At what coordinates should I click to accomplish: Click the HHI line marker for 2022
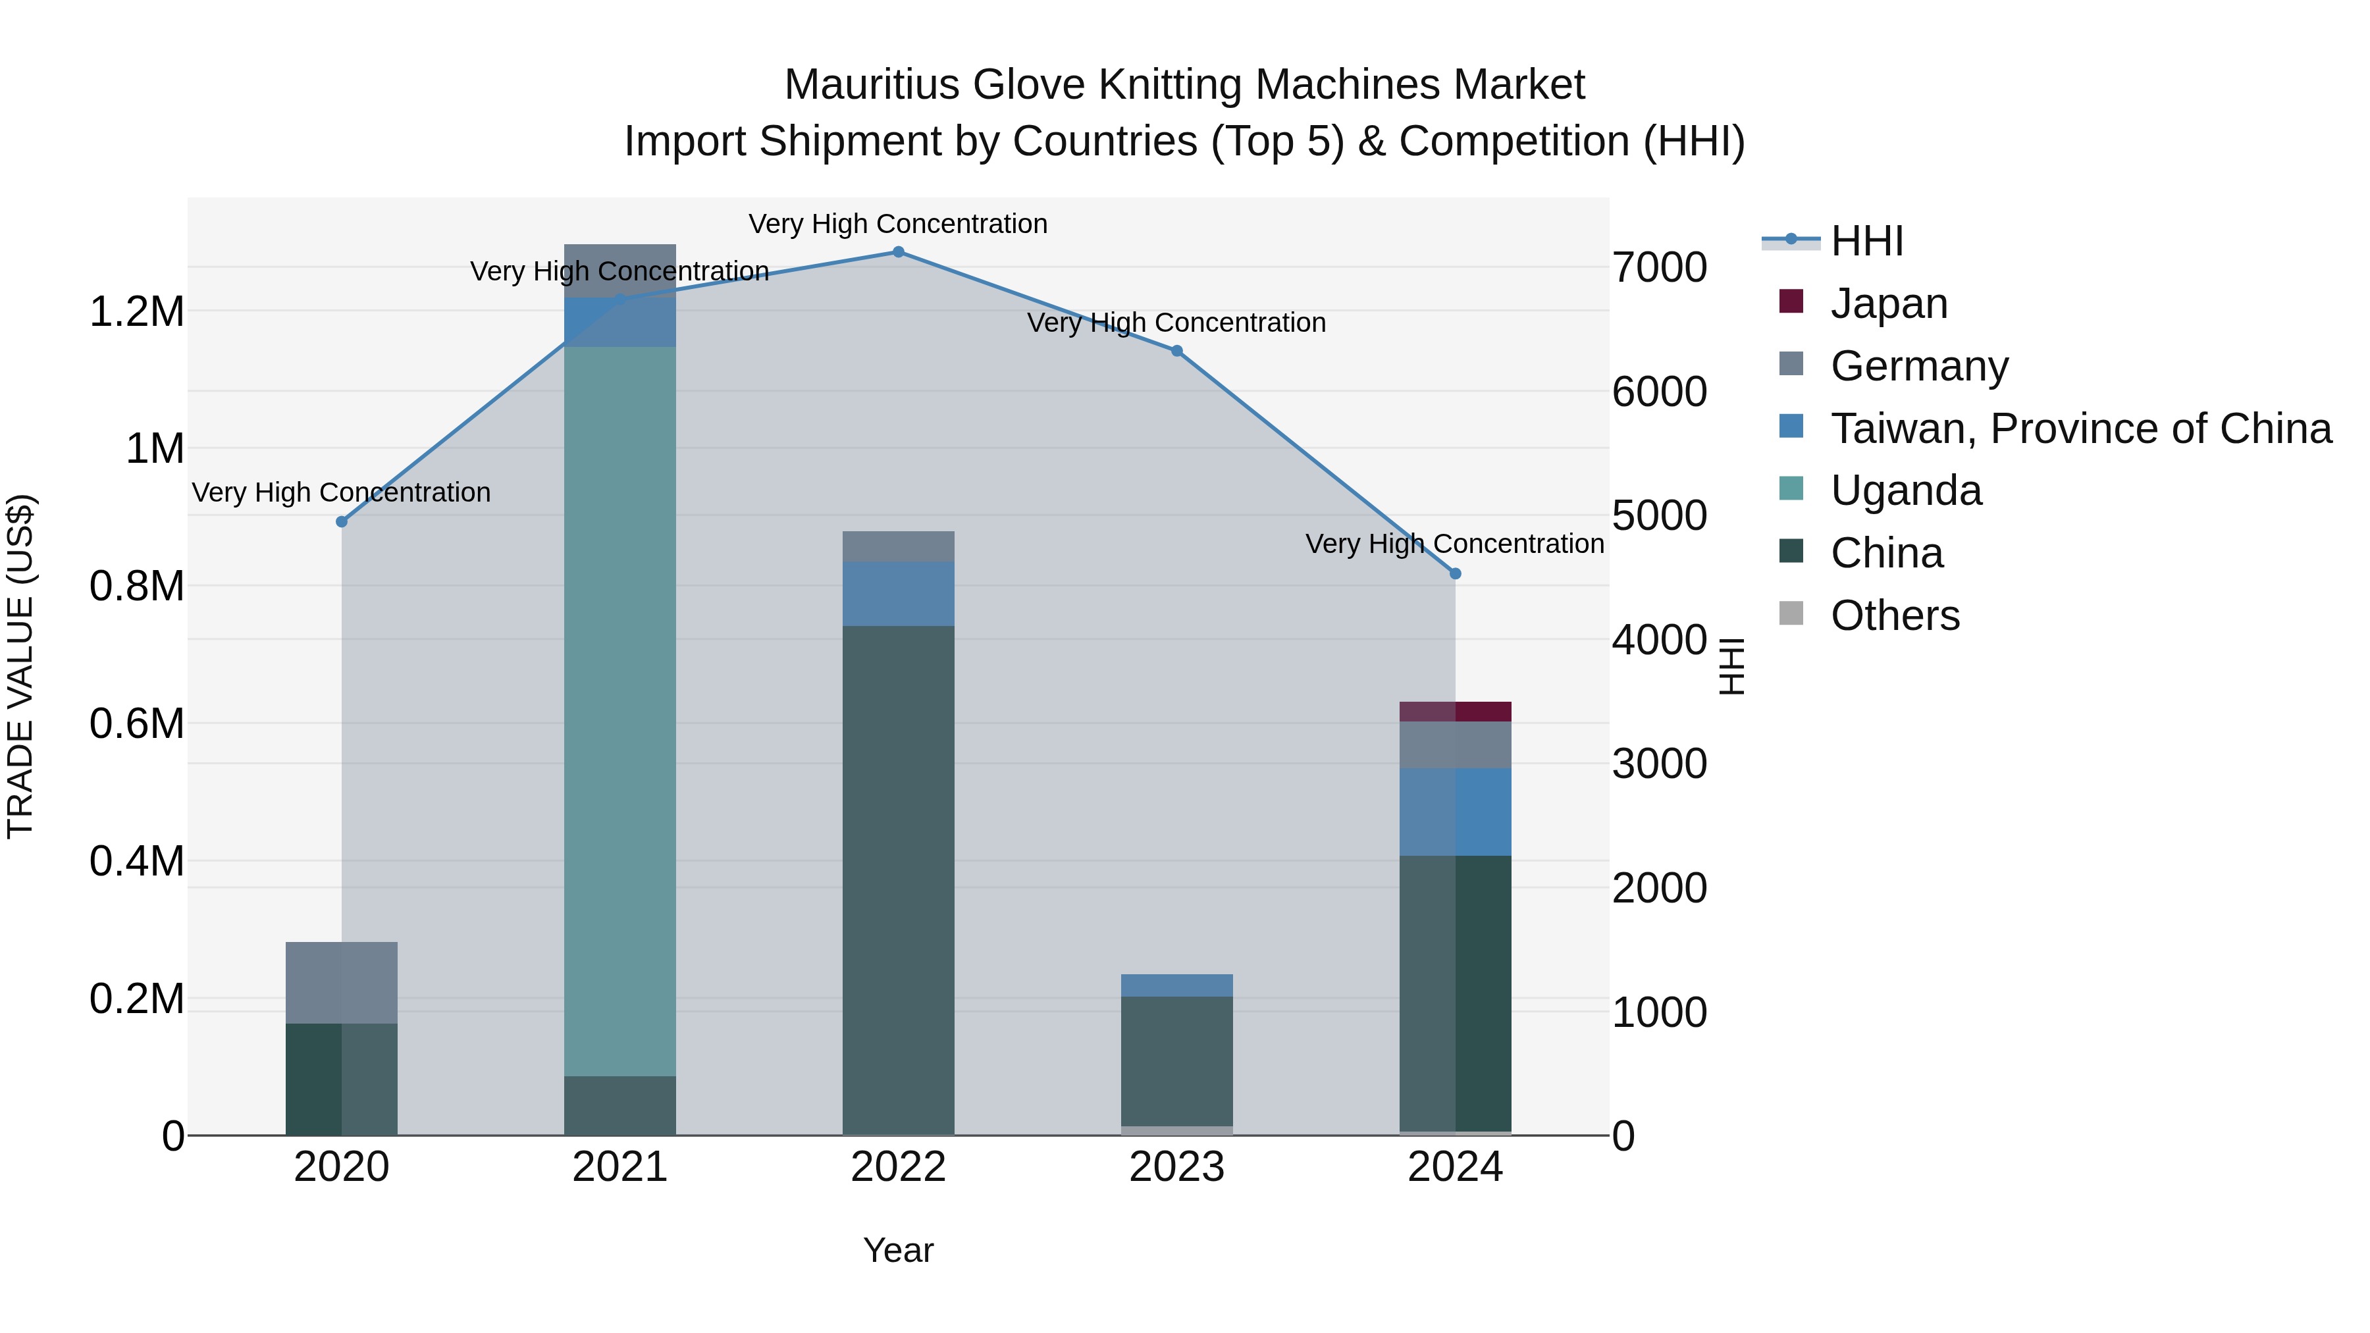coord(898,252)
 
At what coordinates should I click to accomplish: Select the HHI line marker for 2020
coord(341,521)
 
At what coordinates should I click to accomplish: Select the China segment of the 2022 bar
coord(898,879)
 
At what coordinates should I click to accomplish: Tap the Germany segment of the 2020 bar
coord(341,981)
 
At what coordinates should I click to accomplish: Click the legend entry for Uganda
coord(1905,490)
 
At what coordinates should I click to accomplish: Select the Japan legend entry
coord(1889,303)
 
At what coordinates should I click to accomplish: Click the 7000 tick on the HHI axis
coord(1660,268)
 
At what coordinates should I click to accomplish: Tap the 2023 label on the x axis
coord(1176,1167)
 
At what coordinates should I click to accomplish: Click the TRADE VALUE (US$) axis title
coord(20,666)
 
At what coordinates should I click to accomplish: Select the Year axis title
coord(898,1250)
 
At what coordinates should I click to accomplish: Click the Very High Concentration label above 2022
coord(898,224)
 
